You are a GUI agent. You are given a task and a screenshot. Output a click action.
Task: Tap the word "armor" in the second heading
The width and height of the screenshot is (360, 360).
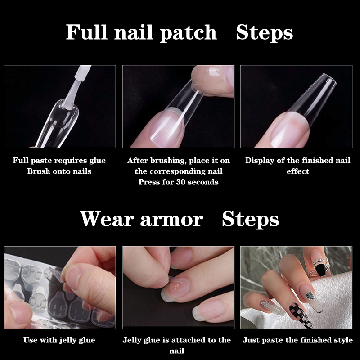(x=171, y=220)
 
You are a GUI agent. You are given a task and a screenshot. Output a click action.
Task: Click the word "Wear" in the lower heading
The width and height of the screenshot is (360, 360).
(x=107, y=219)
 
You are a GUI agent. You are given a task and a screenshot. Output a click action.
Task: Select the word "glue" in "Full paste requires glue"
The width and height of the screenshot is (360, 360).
(x=98, y=161)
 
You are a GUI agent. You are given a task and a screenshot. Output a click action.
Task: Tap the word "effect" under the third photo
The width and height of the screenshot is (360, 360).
(x=298, y=171)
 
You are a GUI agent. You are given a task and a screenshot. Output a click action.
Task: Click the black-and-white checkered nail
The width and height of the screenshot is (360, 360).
(x=301, y=315)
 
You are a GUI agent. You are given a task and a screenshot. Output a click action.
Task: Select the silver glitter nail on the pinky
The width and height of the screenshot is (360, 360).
(x=273, y=308)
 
